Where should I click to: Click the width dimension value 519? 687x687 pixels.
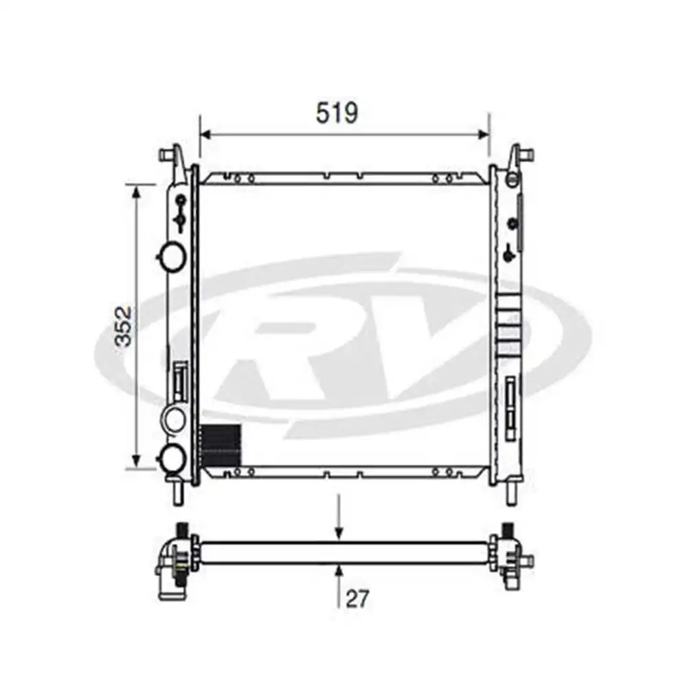[x=337, y=113]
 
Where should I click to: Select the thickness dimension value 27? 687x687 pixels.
[x=357, y=598]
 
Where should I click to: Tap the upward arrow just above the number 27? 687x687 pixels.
[x=338, y=570]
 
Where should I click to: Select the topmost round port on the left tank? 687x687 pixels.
[x=171, y=256]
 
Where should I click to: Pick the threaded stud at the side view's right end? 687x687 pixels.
[x=508, y=530]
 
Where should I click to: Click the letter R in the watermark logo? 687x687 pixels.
[x=289, y=343]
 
